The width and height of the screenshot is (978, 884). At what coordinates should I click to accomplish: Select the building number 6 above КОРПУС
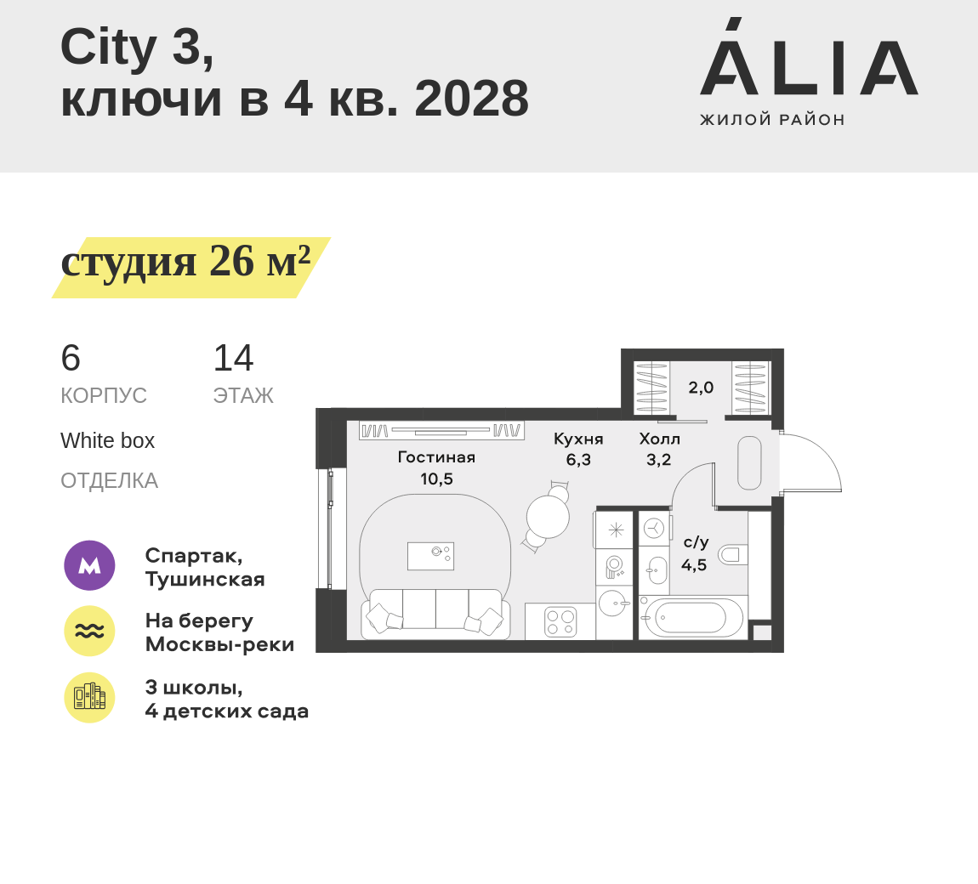(x=71, y=359)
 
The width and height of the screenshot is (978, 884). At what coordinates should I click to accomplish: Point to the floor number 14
(x=233, y=359)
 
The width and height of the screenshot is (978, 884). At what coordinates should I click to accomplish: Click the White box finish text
(x=107, y=441)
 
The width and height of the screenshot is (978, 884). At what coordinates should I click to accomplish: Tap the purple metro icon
(x=89, y=565)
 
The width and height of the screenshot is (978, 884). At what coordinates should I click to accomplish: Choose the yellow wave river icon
(x=89, y=631)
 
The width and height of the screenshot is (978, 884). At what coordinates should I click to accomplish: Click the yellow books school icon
(x=89, y=698)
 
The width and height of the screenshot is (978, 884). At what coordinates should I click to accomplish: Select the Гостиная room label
(x=436, y=457)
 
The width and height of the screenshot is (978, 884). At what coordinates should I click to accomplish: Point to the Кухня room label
(x=578, y=439)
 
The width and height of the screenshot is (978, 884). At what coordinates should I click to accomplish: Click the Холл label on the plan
(x=659, y=439)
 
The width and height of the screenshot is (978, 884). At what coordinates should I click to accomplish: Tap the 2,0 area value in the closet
(x=701, y=388)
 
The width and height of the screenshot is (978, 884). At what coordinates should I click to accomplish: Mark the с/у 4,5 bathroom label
(x=695, y=553)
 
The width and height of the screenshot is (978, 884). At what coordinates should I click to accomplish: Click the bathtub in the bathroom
(x=691, y=618)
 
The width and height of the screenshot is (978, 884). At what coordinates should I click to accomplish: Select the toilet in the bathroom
(x=733, y=555)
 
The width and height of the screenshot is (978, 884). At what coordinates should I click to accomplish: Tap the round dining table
(x=548, y=517)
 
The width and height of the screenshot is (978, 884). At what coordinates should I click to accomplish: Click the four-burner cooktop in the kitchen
(x=560, y=622)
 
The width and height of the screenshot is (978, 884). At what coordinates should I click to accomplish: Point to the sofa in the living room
(x=435, y=614)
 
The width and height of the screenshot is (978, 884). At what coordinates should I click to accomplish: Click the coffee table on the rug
(x=430, y=556)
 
